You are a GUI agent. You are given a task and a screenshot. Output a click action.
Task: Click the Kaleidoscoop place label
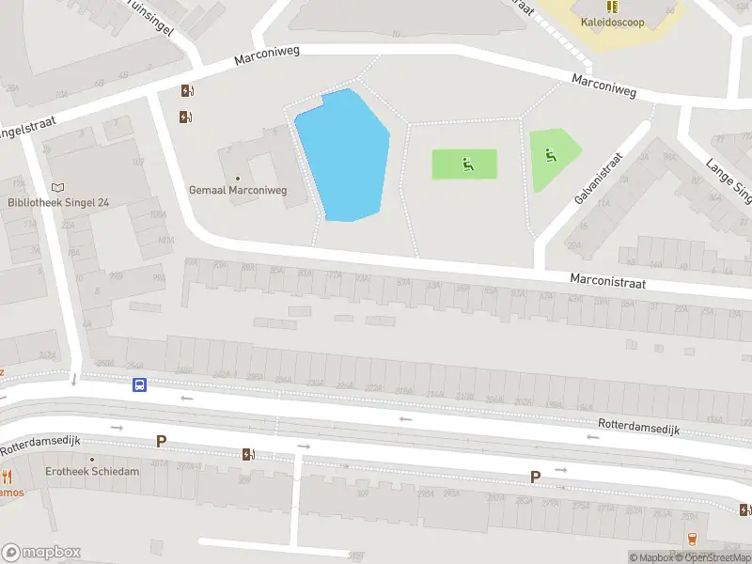(612, 22)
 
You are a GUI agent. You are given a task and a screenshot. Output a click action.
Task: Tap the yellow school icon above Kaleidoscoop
(612, 7)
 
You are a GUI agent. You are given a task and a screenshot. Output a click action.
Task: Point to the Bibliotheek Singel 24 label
(59, 202)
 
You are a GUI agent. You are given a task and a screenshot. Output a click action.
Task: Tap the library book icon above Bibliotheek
(59, 188)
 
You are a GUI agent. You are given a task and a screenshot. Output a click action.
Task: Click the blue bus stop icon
(139, 384)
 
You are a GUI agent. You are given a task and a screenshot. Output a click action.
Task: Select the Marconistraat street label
(612, 280)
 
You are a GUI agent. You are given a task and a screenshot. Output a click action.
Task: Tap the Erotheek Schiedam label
(92, 472)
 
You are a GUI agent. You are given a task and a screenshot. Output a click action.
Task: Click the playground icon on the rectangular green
(467, 165)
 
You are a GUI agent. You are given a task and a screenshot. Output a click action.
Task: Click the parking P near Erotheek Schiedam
(161, 441)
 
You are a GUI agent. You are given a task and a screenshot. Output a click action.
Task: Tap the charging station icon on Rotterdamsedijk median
(248, 454)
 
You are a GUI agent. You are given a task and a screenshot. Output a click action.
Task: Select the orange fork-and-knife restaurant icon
(7, 477)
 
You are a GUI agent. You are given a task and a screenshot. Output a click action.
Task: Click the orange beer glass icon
(693, 538)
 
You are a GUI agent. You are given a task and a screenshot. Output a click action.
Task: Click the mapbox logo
(41, 553)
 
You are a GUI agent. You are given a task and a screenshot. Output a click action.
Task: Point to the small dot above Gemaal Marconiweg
(237, 178)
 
